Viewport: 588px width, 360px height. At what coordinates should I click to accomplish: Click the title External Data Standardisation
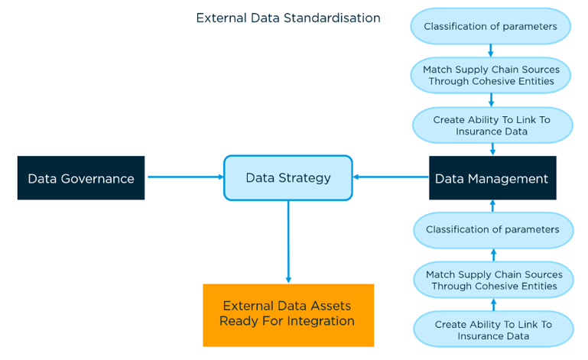pyautogui.click(x=288, y=18)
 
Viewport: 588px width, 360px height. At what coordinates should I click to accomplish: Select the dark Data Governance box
pyautogui.click(x=81, y=178)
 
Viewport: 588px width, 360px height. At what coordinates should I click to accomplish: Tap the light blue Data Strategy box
pyautogui.click(x=288, y=178)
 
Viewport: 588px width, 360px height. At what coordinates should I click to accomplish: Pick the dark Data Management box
pyautogui.click(x=492, y=178)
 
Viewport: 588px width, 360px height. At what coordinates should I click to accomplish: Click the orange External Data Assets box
pyautogui.click(x=288, y=315)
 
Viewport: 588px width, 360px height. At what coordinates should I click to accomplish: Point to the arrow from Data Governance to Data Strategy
pyautogui.click(x=186, y=177)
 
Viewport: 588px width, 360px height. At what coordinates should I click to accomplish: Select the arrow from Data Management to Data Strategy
pyautogui.click(x=391, y=177)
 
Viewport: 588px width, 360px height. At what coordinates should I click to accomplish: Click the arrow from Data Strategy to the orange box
pyautogui.click(x=288, y=242)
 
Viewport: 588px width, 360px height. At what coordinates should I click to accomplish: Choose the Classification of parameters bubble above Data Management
pyautogui.click(x=490, y=26)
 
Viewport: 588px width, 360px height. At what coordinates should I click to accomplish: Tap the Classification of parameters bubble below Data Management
pyautogui.click(x=493, y=230)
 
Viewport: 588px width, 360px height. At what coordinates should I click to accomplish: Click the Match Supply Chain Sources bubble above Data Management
pyautogui.click(x=490, y=76)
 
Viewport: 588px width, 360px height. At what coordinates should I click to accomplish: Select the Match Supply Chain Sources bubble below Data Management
pyautogui.click(x=493, y=280)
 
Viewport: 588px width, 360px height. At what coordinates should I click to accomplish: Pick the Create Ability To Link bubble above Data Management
pyautogui.click(x=492, y=125)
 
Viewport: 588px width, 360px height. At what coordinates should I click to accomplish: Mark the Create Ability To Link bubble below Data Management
pyautogui.click(x=493, y=329)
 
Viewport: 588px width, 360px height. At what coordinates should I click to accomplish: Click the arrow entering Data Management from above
pyautogui.click(x=492, y=149)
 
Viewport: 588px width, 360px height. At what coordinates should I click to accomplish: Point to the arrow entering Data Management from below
pyautogui.click(x=492, y=206)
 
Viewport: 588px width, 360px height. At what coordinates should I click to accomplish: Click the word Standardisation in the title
pyautogui.click(x=332, y=18)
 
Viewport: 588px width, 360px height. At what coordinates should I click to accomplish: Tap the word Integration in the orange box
pyautogui.click(x=320, y=321)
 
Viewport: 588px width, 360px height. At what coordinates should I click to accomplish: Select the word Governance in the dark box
pyautogui.click(x=98, y=179)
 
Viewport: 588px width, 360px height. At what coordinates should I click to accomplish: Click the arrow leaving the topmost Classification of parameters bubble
pyautogui.click(x=490, y=50)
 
